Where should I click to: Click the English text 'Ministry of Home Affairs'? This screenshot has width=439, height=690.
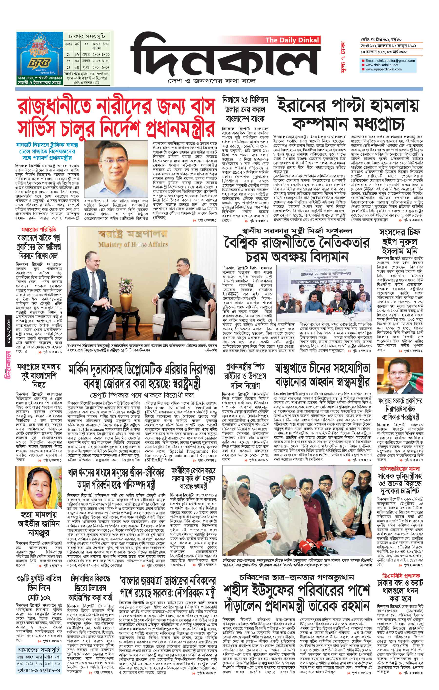133,244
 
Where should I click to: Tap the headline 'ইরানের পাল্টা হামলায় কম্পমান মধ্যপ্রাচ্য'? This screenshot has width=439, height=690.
348,114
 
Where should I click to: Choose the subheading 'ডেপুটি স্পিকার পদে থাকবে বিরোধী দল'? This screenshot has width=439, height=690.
141,395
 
